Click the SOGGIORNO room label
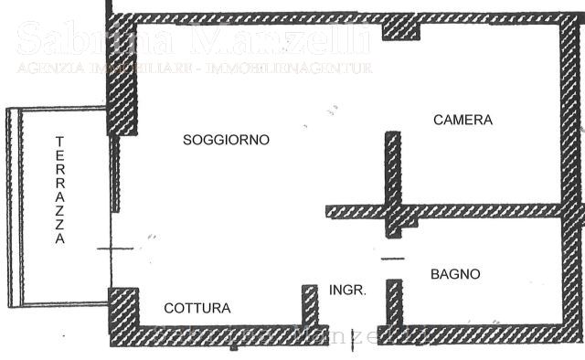(226, 140)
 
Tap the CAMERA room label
(463, 120)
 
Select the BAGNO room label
(455, 274)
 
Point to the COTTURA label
(197, 309)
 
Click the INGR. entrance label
(347, 290)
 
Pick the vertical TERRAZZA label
(59, 190)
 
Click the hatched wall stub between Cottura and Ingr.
(310, 305)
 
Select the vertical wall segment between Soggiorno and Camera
(392, 174)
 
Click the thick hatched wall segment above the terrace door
(122, 87)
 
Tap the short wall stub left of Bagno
(394, 302)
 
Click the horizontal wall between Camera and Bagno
(475, 210)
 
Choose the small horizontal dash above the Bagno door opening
(392, 259)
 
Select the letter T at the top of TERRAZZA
(59, 142)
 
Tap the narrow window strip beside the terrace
(115, 174)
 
